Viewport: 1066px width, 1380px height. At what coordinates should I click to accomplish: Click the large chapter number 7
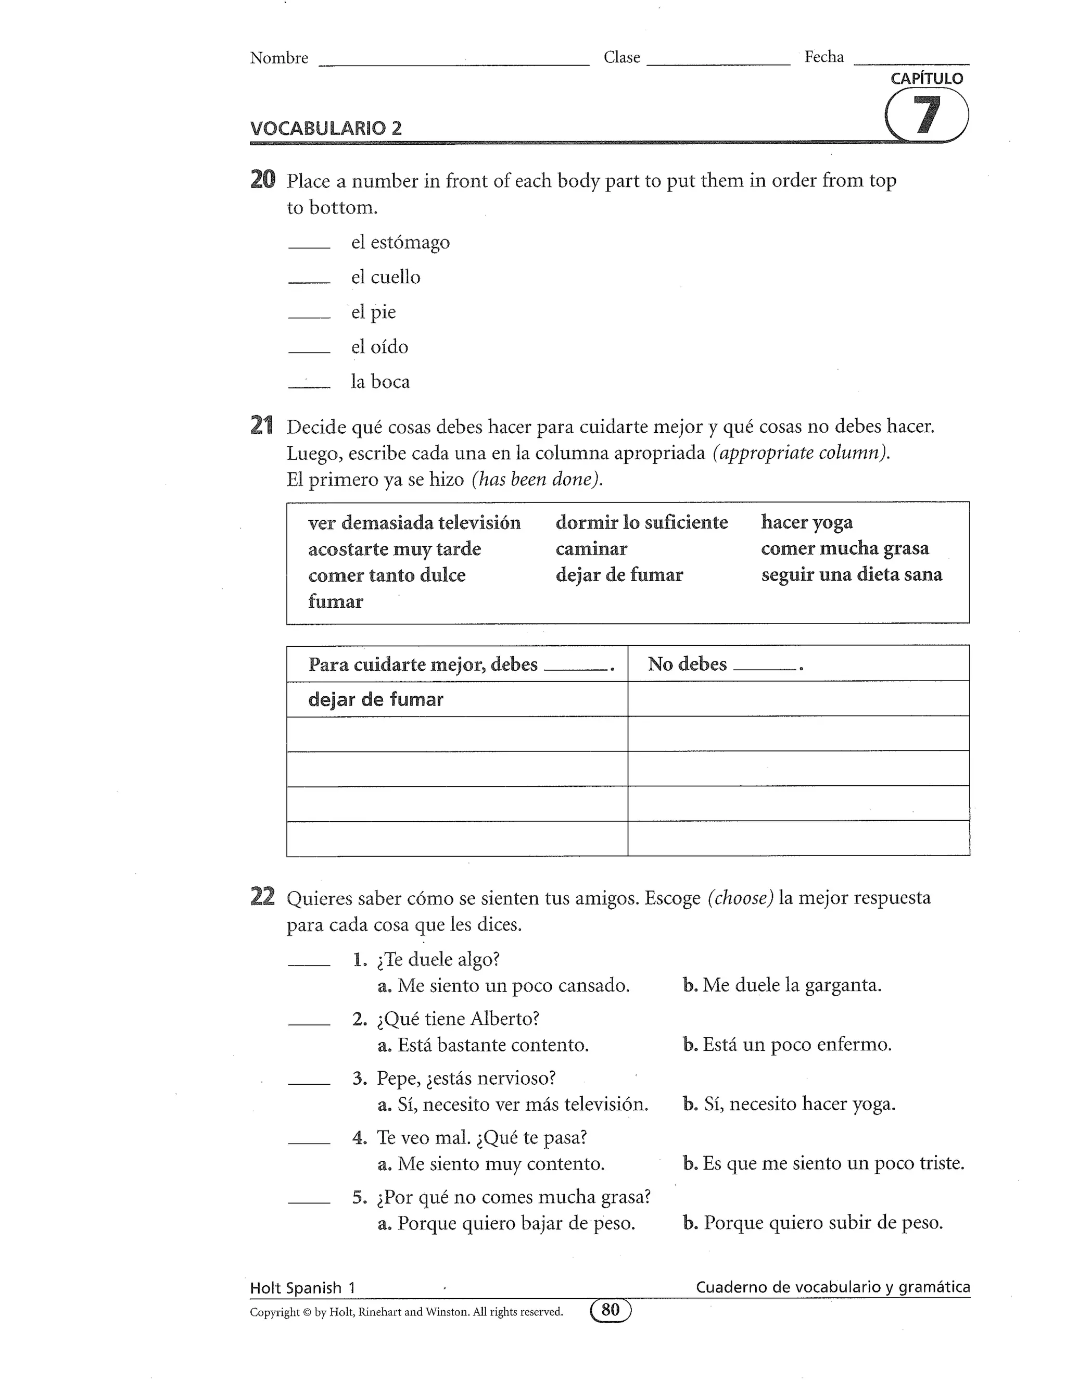pyautogui.click(x=927, y=115)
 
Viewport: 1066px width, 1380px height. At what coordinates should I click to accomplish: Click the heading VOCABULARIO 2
pyautogui.click(x=326, y=128)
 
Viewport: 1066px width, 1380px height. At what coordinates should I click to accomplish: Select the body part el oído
pyautogui.click(x=379, y=347)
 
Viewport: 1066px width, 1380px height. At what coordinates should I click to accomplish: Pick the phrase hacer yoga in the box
pyautogui.click(x=806, y=522)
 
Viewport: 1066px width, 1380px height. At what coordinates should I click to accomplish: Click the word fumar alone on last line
pyautogui.click(x=335, y=601)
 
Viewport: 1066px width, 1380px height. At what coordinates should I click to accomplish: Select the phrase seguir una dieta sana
pyautogui.click(x=851, y=575)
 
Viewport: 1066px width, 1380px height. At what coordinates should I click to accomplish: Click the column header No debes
pyautogui.click(x=687, y=664)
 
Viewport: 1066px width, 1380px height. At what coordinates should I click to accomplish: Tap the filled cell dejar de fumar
pyautogui.click(x=376, y=699)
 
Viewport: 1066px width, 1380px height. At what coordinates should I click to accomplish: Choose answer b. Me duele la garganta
pyautogui.click(x=782, y=985)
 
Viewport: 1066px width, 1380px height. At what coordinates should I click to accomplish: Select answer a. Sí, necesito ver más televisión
pyautogui.click(x=513, y=1105)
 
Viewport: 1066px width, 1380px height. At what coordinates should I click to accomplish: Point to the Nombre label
pyautogui.click(x=279, y=58)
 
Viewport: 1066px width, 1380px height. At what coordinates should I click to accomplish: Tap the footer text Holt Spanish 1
pyautogui.click(x=302, y=1288)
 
